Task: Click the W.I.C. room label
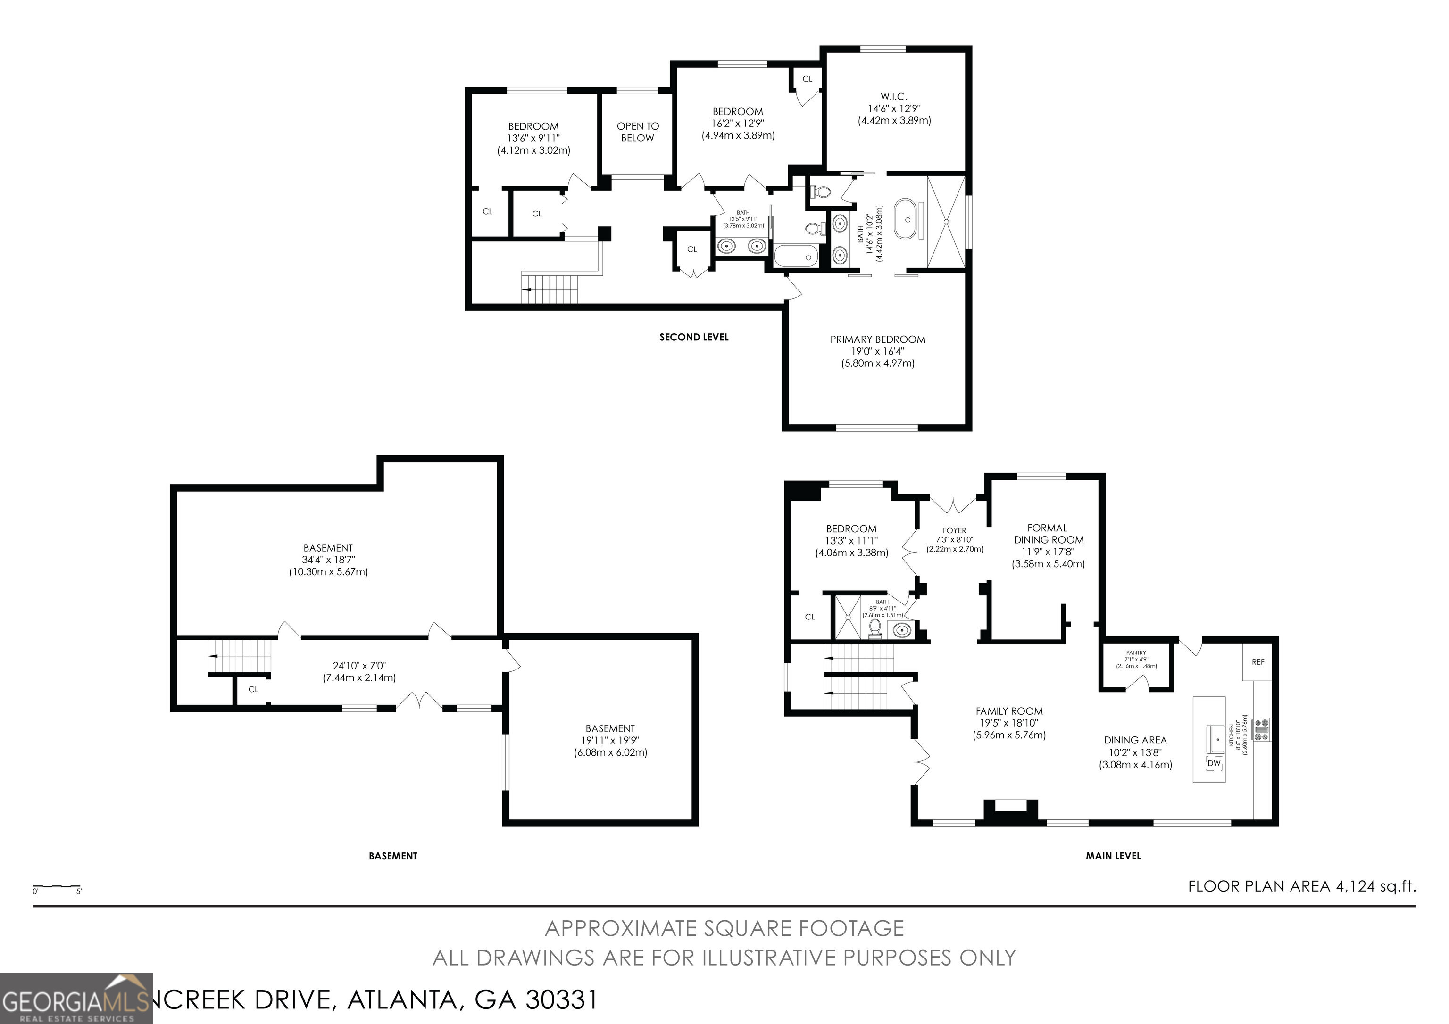coord(894,97)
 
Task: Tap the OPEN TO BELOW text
coord(637,132)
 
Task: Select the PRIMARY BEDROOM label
coord(877,339)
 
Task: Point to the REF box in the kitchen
coord(1258,662)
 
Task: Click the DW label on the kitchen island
coord(1214,763)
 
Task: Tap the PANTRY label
coord(1135,653)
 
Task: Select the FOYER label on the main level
coord(954,530)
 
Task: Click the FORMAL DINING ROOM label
coord(1048,534)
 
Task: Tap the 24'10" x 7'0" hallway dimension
coord(359,666)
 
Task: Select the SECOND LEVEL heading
coord(693,338)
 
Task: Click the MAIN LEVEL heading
coord(1113,856)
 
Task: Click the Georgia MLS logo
coord(76,999)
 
